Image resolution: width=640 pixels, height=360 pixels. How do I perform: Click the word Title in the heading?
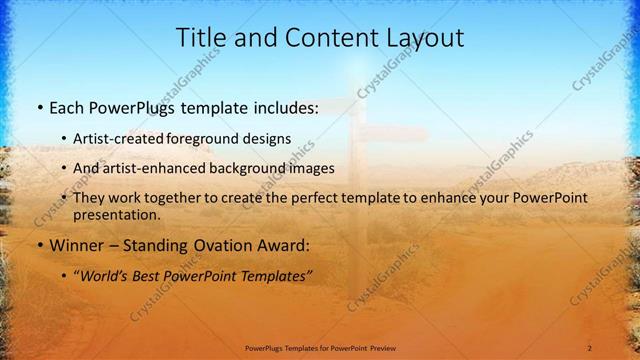click(200, 38)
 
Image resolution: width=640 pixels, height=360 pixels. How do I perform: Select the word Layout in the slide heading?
click(428, 38)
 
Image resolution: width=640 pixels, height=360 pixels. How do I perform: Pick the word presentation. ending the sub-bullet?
click(116, 214)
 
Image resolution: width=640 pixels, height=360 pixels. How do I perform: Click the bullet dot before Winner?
click(39, 246)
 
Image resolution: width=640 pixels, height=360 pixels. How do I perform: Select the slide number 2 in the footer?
click(589, 347)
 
